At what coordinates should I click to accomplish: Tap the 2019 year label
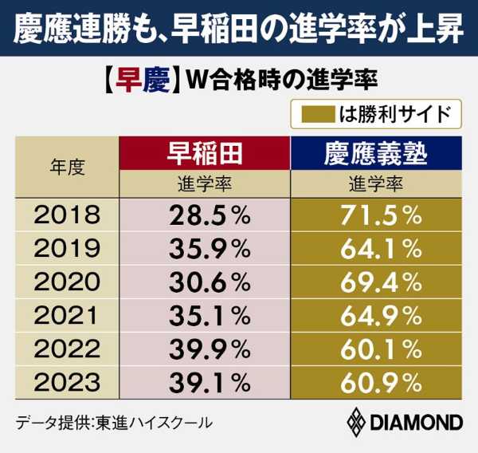[69, 250]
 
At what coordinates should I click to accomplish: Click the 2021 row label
[69, 317]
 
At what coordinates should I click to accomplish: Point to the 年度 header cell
[68, 167]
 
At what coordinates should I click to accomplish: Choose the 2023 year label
[69, 384]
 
